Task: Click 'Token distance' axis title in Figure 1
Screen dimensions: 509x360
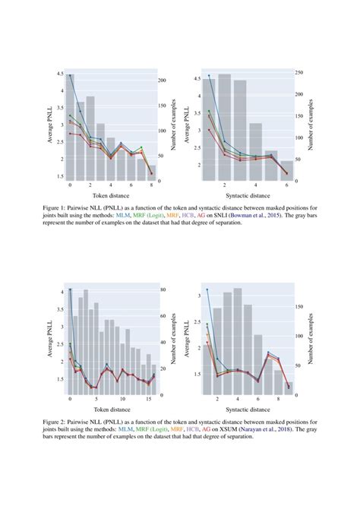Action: [x=110, y=195]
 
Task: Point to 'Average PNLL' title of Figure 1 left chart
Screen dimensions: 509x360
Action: [x=51, y=125]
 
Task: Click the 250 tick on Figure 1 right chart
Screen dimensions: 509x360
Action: [x=299, y=73]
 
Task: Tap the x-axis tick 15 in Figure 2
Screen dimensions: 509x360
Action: [x=149, y=399]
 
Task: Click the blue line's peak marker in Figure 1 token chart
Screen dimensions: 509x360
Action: [x=70, y=75]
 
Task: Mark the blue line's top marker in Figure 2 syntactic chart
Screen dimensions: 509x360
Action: [x=206, y=289]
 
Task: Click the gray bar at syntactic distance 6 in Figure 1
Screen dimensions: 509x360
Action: [x=286, y=171]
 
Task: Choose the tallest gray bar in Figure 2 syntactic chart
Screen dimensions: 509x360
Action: [x=237, y=342]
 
